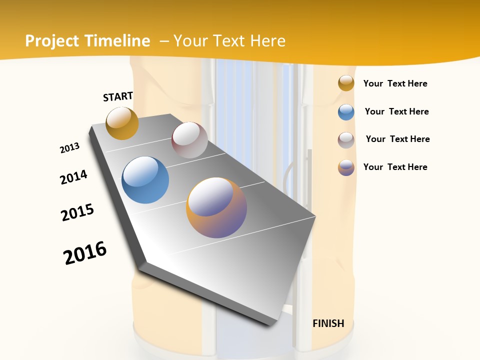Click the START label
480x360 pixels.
[118, 96]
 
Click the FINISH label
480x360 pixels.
[328, 323]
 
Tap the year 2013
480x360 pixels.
[70, 148]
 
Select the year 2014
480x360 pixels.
[73, 177]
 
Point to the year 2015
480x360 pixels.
[77, 212]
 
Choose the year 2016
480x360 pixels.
[85, 253]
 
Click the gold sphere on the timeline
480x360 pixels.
[122, 123]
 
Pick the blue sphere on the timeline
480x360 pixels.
[145, 180]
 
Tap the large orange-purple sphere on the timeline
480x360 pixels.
[216, 207]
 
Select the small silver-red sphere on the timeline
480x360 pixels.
[189, 140]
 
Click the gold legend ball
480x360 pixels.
[346, 83]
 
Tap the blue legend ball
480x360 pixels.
[346, 112]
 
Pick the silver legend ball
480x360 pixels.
[346, 140]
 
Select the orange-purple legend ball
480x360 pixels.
[346, 167]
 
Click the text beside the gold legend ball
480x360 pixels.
[395, 83]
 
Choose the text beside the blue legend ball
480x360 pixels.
[396, 111]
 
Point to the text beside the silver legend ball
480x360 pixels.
[397, 139]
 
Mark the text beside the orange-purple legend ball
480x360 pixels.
[395, 167]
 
